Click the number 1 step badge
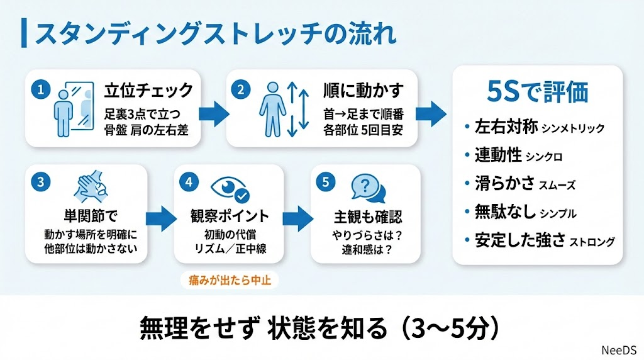click(x=40, y=89)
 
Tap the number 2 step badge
click(x=239, y=89)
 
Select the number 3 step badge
click(x=40, y=183)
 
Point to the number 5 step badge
click(x=325, y=183)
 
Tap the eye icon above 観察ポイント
click(x=230, y=186)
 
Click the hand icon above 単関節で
click(x=93, y=186)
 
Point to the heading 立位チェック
click(x=148, y=91)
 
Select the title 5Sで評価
click(x=538, y=92)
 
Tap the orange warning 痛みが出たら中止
click(x=230, y=280)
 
